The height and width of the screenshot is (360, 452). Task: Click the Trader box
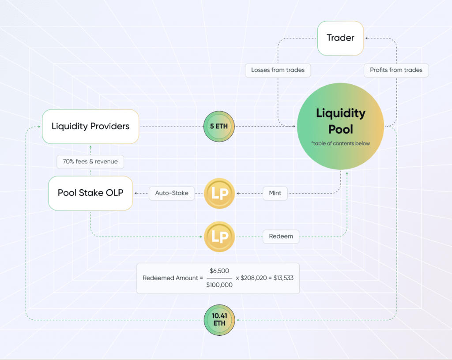(340, 38)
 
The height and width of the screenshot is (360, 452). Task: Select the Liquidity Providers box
(90, 127)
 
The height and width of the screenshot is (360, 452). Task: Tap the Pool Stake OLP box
(90, 193)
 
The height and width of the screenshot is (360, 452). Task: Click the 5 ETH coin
(219, 127)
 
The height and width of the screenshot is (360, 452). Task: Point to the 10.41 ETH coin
(219, 320)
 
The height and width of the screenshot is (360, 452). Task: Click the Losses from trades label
(278, 70)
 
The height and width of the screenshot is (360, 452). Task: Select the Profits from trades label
(396, 70)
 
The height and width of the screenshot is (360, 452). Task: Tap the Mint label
(275, 193)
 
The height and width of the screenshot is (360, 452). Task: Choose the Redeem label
(281, 236)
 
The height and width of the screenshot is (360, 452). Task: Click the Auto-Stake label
(172, 193)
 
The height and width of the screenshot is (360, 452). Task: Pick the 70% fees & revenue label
(90, 161)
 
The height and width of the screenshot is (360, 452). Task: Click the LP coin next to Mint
(219, 193)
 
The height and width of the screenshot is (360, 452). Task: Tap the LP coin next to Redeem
(219, 237)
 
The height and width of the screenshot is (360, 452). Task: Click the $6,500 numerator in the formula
(219, 271)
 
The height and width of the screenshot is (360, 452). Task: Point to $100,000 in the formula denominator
(219, 285)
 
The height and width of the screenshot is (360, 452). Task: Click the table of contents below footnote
(340, 143)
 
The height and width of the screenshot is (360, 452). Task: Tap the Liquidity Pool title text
(340, 121)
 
